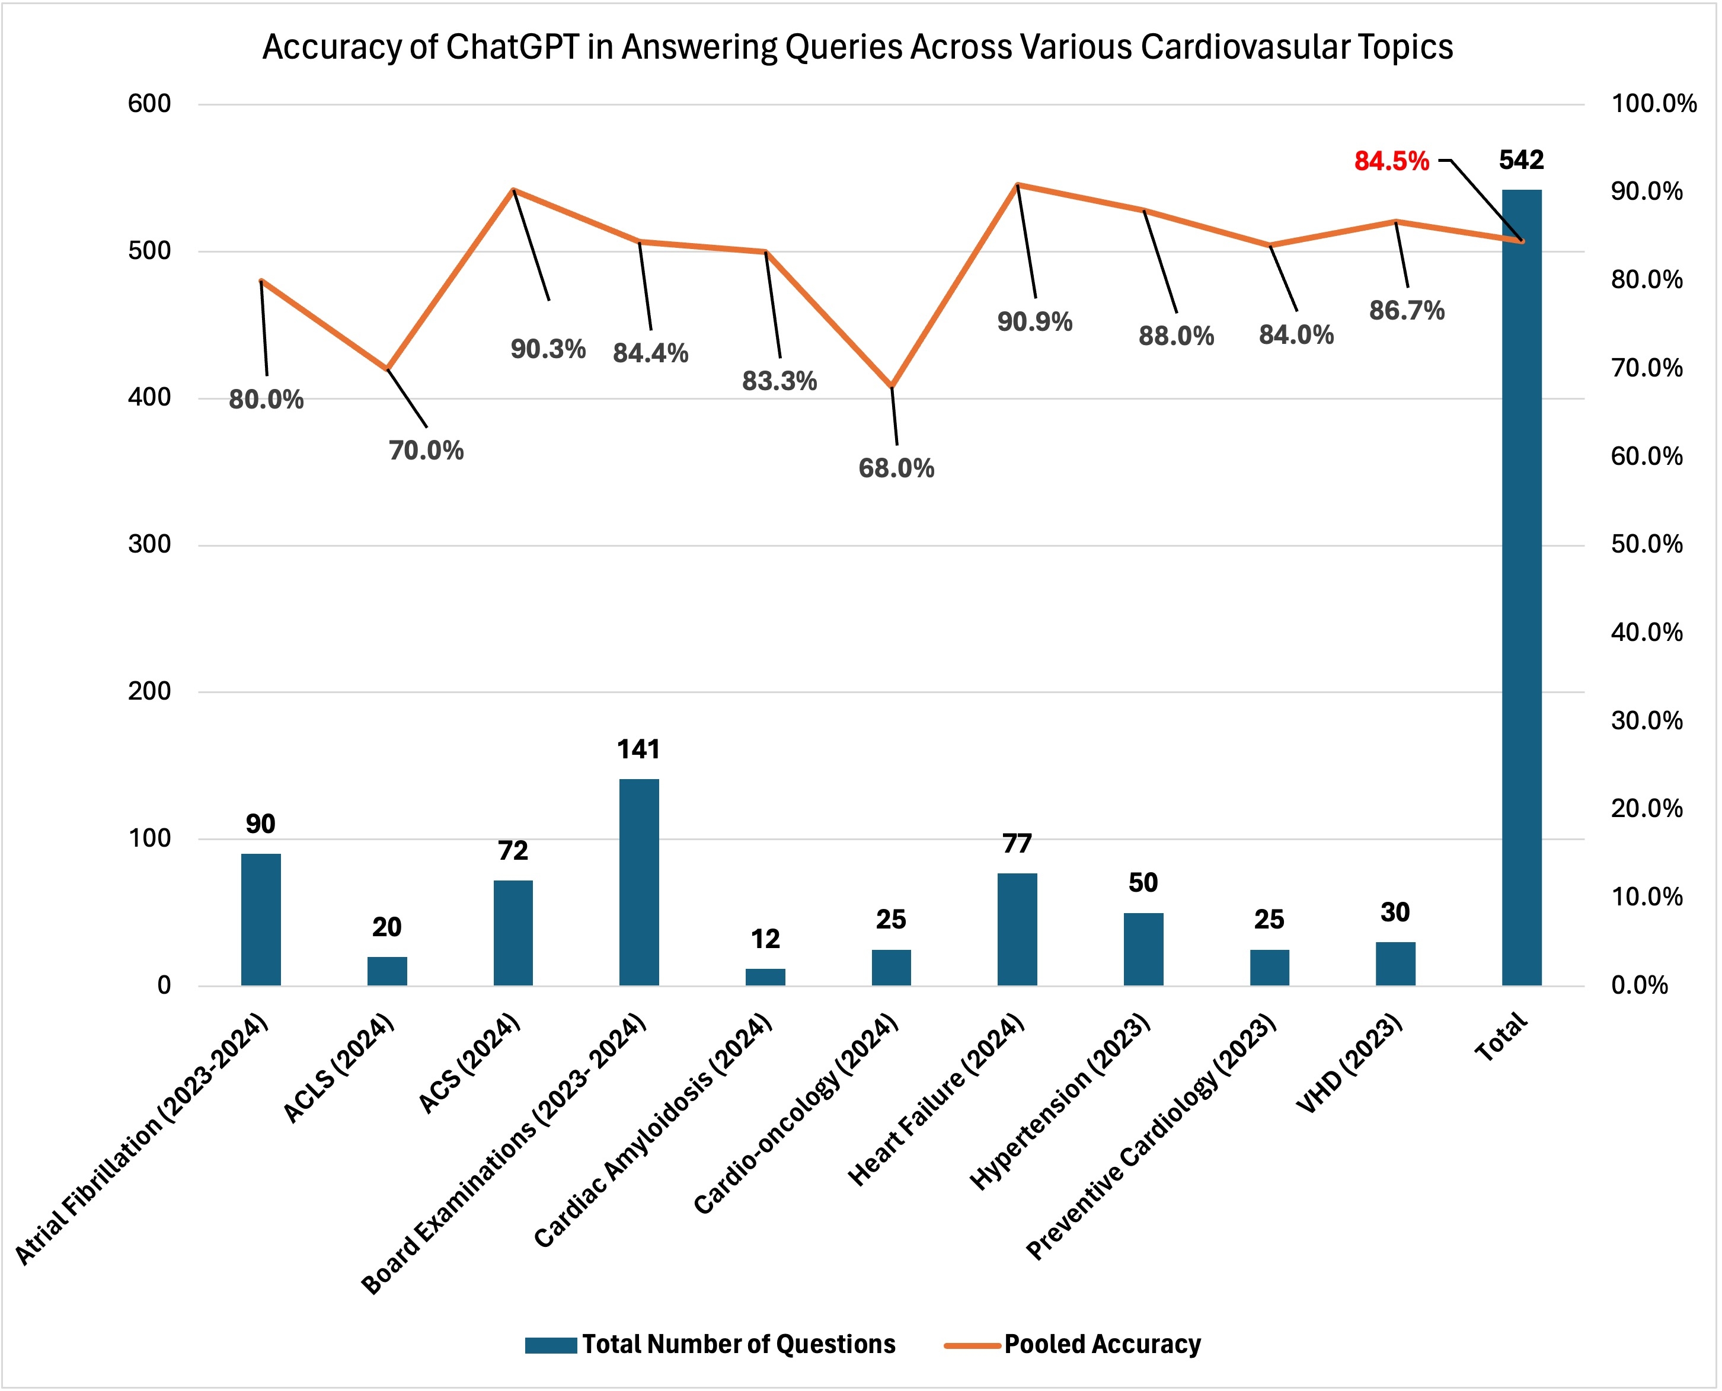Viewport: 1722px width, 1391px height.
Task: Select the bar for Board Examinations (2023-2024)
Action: [x=639, y=882]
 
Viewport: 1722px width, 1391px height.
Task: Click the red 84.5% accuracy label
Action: [x=1391, y=162]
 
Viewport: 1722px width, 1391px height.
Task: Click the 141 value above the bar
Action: [x=638, y=750]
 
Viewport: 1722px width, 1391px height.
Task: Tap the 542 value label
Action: [x=1521, y=160]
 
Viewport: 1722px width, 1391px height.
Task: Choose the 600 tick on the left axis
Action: [x=150, y=103]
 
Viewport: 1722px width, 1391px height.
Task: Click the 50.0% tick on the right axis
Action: [x=1647, y=545]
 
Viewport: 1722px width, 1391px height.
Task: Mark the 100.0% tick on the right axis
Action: [x=1653, y=103]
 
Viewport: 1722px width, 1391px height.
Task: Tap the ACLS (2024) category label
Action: [x=340, y=1070]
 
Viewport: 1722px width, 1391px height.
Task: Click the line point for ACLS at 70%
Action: [x=388, y=369]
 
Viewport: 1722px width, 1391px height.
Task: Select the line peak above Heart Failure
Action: [x=1017, y=184]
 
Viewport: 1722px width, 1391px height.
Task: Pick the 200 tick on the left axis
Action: [x=150, y=691]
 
